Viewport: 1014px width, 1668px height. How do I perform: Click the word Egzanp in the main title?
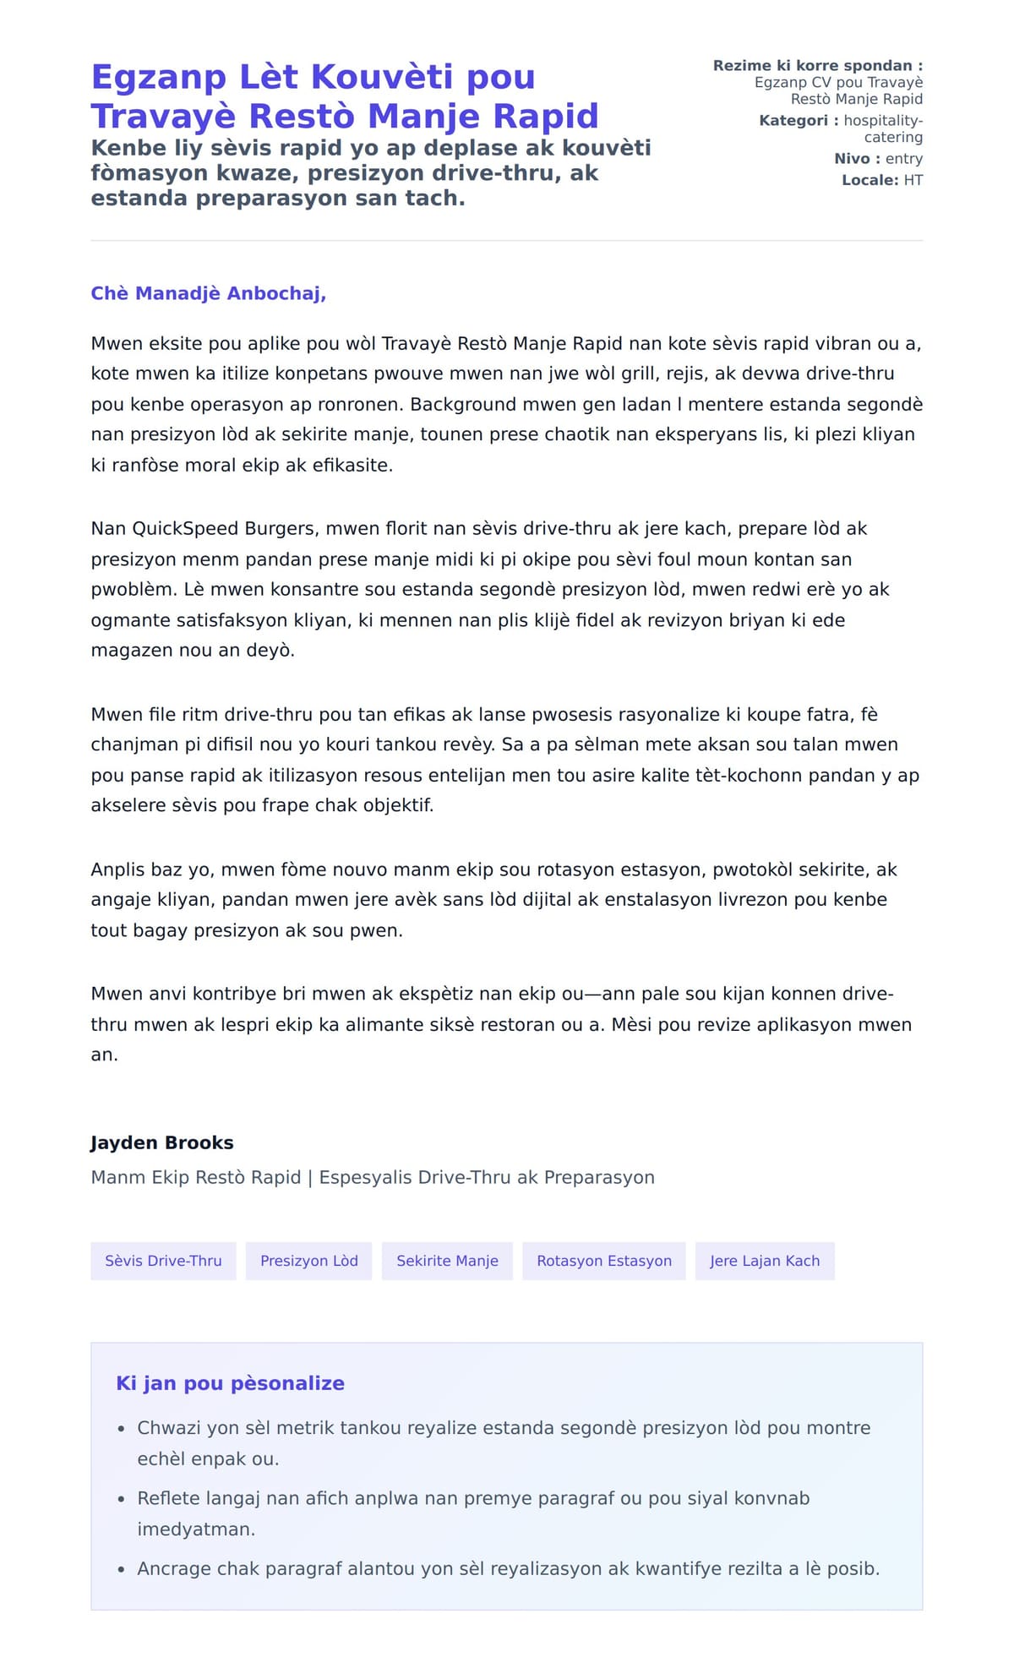[159, 77]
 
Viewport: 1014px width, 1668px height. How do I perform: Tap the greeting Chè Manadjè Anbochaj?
[208, 293]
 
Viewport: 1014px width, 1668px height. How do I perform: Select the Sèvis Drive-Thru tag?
[163, 1261]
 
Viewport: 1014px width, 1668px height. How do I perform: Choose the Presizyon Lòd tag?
[309, 1261]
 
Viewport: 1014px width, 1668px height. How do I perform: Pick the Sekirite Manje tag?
[447, 1261]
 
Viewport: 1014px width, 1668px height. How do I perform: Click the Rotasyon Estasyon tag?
[604, 1261]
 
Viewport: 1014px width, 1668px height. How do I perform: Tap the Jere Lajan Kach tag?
[765, 1261]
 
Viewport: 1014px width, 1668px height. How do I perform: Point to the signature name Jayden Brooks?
[162, 1142]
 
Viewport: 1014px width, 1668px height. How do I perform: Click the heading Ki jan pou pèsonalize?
[230, 1383]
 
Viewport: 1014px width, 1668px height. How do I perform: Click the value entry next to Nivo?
[903, 159]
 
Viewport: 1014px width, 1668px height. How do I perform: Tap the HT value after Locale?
[913, 180]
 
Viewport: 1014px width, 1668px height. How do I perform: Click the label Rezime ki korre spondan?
[817, 66]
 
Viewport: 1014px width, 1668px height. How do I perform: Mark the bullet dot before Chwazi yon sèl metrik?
[121, 1429]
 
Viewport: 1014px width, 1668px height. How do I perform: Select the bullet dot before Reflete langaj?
[121, 1499]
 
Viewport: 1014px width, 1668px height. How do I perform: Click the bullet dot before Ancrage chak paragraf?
[121, 1569]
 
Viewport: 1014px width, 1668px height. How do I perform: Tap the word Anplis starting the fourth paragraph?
[118, 869]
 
